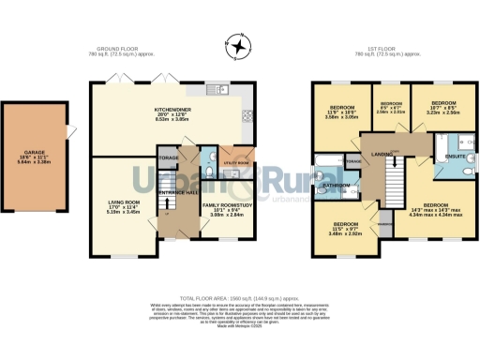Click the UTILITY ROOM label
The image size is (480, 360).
(x=236, y=162)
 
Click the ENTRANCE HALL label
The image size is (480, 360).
(x=176, y=191)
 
